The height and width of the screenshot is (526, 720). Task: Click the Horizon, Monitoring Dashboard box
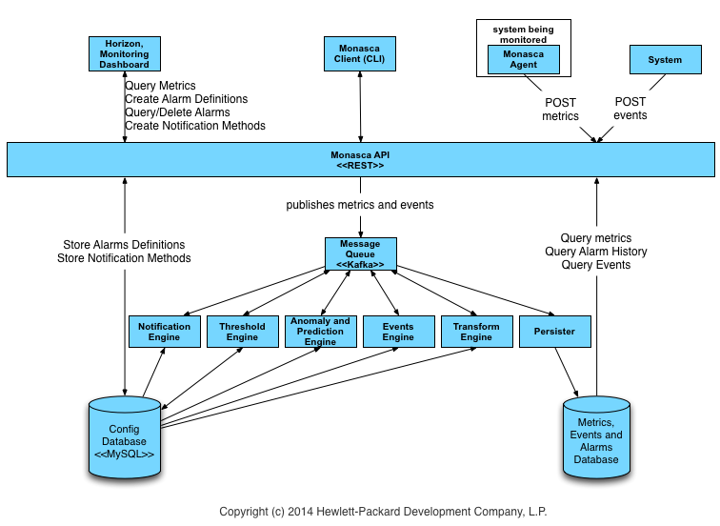click(x=124, y=53)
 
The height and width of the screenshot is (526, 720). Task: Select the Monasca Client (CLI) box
click(x=360, y=53)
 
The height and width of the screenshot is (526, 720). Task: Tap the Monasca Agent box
click(x=522, y=60)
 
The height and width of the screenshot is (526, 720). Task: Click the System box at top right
click(x=664, y=60)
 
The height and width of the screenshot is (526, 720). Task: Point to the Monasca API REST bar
click(x=360, y=159)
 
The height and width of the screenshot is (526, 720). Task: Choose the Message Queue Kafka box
click(x=360, y=253)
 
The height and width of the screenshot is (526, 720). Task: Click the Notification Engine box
click(x=164, y=332)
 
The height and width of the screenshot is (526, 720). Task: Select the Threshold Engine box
click(x=242, y=332)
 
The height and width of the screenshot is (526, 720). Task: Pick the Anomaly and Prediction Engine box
click(x=320, y=331)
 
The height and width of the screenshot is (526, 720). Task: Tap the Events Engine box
click(x=398, y=332)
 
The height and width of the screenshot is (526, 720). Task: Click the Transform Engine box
click(x=476, y=332)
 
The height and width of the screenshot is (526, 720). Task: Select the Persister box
click(x=554, y=332)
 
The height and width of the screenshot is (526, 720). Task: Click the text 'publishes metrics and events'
click(x=360, y=205)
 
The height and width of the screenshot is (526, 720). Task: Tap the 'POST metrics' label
click(x=560, y=109)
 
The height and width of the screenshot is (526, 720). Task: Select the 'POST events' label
click(x=630, y=109)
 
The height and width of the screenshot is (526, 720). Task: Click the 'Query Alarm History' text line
click(x=596, y=252)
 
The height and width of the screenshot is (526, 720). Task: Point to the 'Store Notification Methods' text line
click(x=124, y=258)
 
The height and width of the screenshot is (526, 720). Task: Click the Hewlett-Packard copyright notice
click(x=383, y=512)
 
